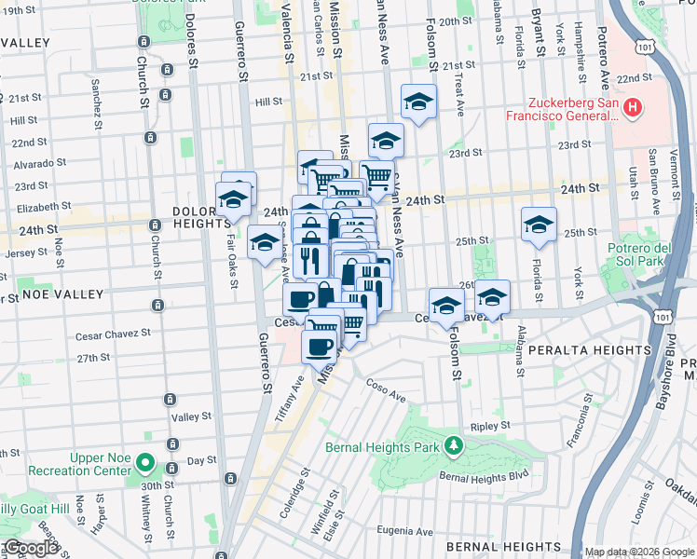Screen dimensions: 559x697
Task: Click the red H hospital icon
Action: point(633,109)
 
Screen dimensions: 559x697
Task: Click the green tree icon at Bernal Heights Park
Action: point(453,445)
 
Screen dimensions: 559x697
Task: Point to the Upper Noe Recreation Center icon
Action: point(143,462)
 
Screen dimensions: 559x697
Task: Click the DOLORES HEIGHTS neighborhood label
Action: point(201,218)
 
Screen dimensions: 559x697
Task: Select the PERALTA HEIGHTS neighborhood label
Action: point(589,349)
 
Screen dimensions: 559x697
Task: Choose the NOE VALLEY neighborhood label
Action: point(63,294)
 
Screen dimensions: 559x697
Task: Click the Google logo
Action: point(30,548)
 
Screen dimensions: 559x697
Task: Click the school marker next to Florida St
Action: point(539,225)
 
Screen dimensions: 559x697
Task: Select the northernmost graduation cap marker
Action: point(419,102)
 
